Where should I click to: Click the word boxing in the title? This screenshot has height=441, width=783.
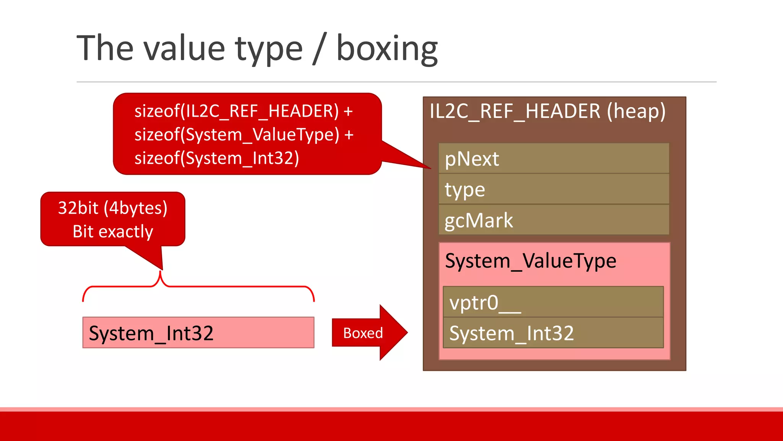(387, 49)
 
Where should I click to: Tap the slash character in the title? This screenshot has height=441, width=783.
(320, 49)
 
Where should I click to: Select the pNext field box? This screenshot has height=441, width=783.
(554, 158)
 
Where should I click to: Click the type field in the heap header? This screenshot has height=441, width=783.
(554, 189)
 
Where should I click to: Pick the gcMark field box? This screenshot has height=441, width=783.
(554, 220)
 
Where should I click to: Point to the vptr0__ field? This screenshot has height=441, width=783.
(553, 302)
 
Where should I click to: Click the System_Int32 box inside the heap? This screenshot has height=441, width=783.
(553, 333)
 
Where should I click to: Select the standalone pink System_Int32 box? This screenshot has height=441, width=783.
(198, 333)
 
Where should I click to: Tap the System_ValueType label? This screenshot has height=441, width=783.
(531, 261)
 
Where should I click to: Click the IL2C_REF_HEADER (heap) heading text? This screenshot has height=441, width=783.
(547, 111)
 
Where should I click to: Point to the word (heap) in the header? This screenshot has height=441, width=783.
(636, 111)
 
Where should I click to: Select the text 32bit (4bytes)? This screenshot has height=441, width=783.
(113, 208)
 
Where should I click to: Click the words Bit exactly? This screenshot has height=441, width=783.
(113, 232)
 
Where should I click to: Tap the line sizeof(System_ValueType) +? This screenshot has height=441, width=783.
(244, 135)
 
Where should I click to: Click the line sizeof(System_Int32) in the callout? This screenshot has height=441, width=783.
(217, 158)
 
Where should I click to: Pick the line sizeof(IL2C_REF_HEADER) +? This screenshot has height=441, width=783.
(244, 111)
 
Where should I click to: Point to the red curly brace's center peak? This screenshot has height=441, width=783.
(161, 273)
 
